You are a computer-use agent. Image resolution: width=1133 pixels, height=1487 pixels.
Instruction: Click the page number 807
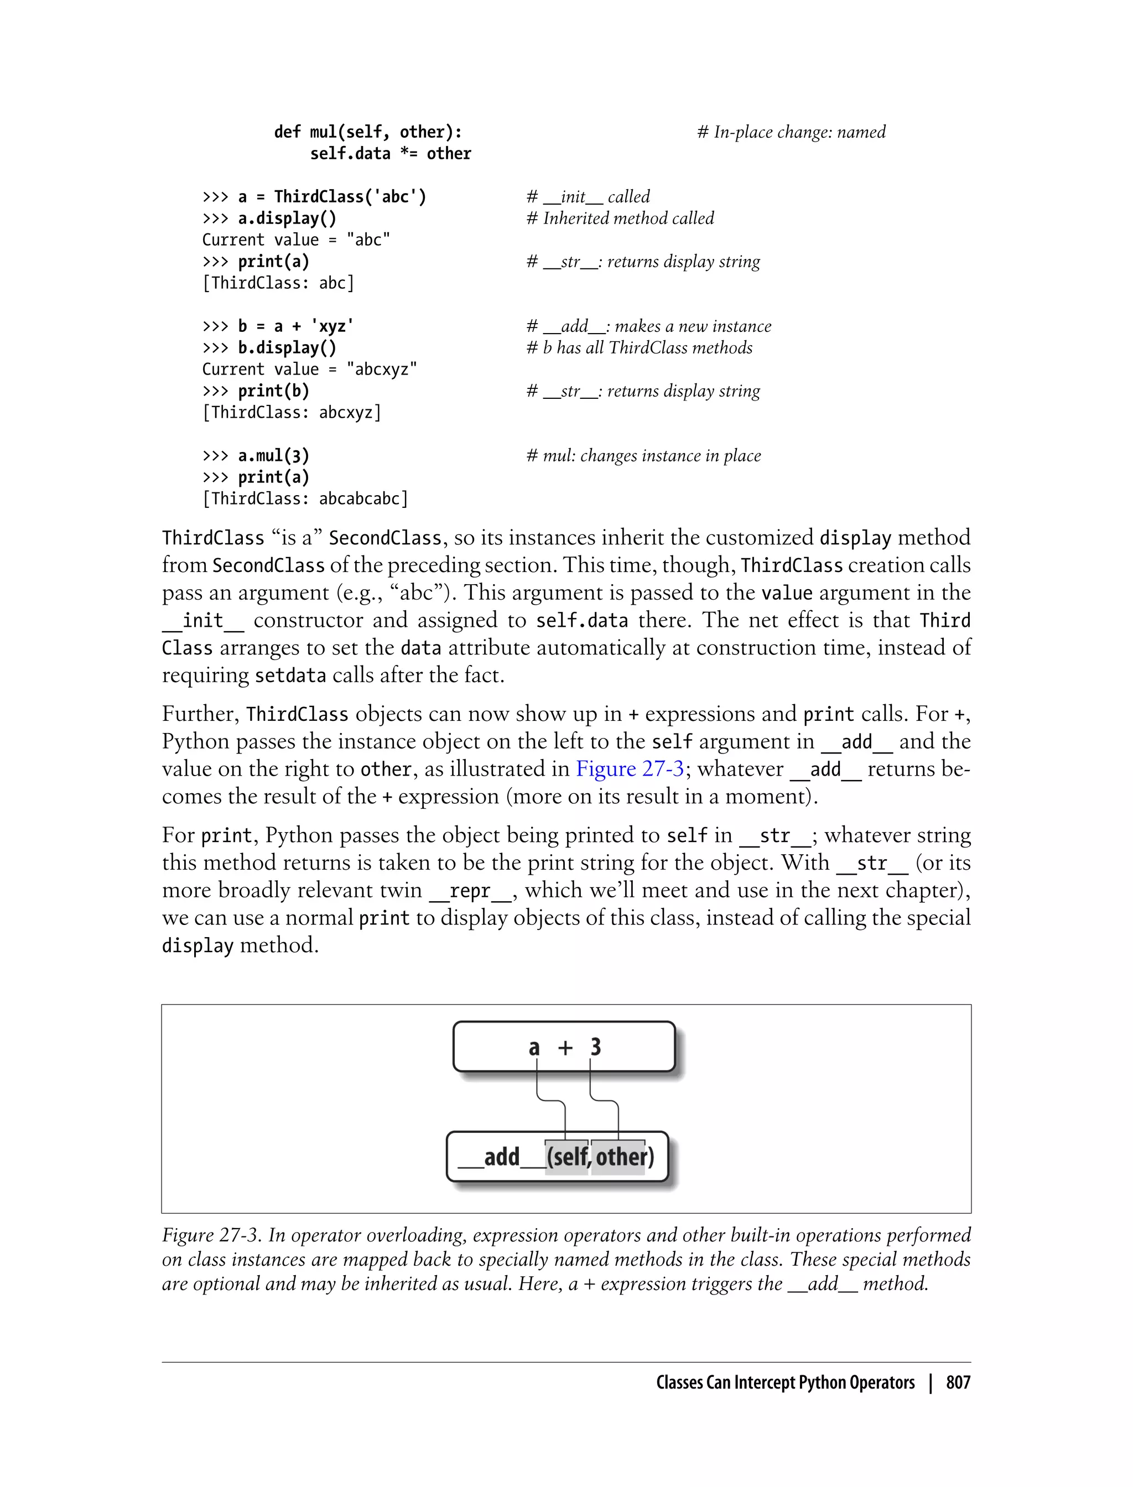coord(958,1382)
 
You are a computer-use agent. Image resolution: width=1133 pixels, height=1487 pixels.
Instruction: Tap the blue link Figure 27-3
coord(628,769)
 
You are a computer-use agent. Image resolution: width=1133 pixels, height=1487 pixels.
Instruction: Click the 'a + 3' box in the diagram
coord(564,1047)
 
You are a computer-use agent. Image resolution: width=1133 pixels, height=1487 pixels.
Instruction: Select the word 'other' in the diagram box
coord(619,1157)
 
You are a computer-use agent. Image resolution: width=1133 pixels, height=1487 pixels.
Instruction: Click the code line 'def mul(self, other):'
coord(367,132)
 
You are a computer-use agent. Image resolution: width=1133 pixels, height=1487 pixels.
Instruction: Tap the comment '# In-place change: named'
coord(791,132)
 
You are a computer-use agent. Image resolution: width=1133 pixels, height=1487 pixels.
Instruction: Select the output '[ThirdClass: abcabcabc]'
coord(305,498)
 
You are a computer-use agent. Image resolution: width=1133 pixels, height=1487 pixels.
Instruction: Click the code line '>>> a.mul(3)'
coord(256,455)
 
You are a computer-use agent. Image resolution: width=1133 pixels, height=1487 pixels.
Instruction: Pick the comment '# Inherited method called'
coord(620,218)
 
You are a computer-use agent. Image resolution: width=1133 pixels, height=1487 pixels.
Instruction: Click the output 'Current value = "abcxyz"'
coord(310,369)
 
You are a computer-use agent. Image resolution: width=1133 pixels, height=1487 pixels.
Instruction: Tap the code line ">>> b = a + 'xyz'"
coord(278,326)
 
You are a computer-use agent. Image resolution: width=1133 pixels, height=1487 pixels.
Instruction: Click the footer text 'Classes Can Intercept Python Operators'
coord(785,1382)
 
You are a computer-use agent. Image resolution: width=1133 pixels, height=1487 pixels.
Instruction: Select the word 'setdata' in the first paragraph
coord(290,675)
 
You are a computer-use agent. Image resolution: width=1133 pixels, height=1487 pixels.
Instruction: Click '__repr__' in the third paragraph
coord(471,891)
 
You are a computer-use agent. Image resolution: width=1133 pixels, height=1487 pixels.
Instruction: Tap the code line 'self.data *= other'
coord(391,153)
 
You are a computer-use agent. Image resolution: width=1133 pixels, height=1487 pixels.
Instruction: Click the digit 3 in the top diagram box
coord(595,1047)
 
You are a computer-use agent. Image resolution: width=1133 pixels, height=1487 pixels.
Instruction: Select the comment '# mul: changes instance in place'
coord(643,455)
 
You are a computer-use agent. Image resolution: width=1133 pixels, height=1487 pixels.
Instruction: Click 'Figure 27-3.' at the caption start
coord(211,1235)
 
